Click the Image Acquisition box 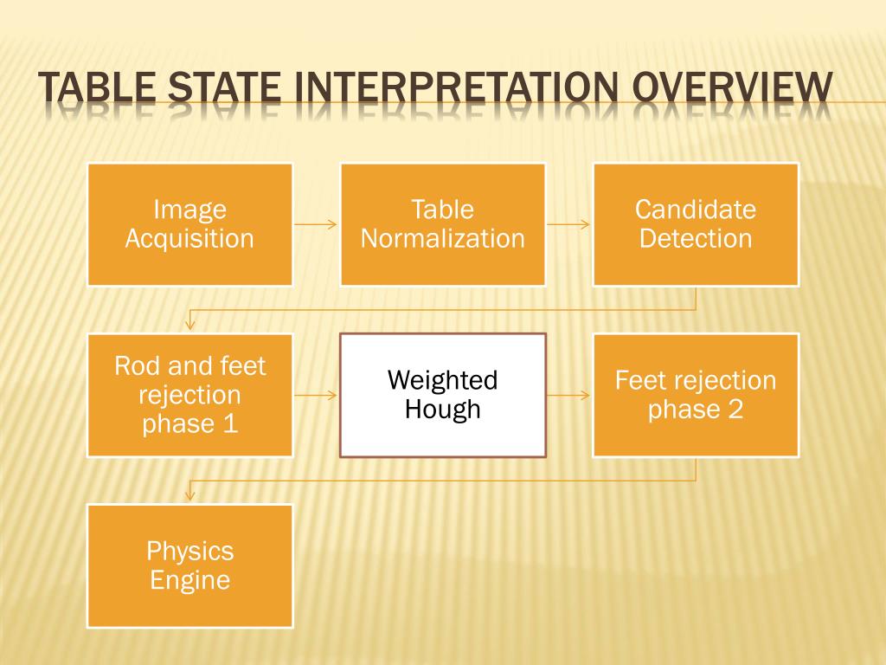point(189,224)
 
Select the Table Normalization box point(442,224)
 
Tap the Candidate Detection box point(696,224)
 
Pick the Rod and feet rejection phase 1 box point(189,395)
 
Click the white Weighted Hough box point(442,395)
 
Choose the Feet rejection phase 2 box point(696,395)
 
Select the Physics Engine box point(189,565)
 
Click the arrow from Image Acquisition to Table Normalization point(316,224)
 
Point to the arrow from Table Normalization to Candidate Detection point(568,224)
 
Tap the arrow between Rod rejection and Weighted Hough point(316,396)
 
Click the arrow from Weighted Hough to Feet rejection point(568,396)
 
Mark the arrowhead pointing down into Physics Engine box point(189,495)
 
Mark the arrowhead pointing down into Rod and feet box point(189,325)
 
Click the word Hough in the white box point(442,409)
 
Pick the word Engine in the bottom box point(190,579)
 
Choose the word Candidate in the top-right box point(696,210)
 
